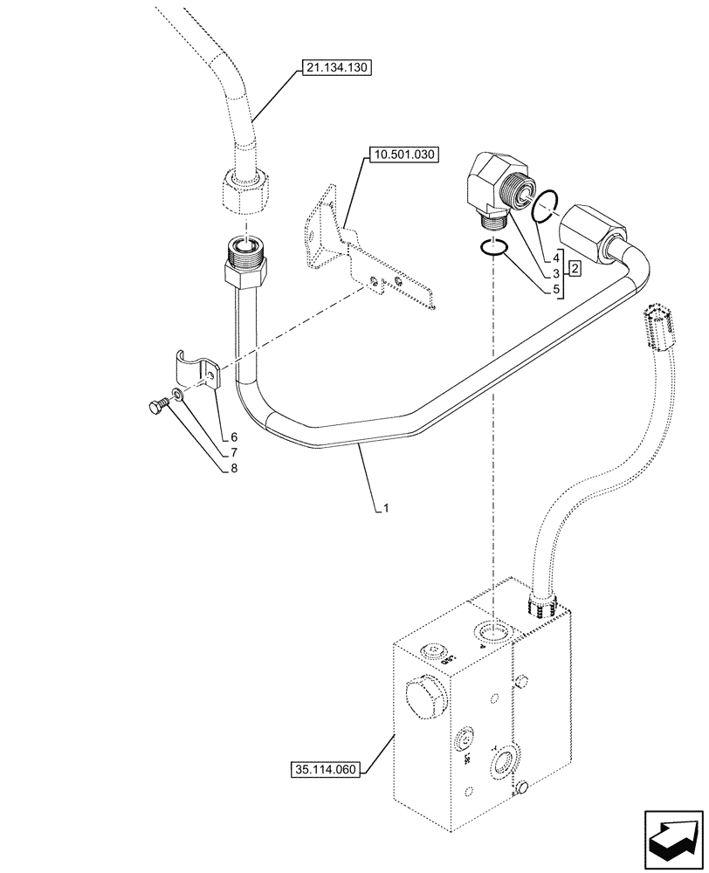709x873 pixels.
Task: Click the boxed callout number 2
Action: (x=576, y=269)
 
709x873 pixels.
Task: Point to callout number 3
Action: (x=555, y=272)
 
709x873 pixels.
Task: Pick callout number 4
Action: (x=555, y=258)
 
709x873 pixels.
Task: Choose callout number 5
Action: (x=555, y=287)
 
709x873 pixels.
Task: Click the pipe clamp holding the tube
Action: (x=196, y=371)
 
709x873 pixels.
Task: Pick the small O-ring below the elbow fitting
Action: (x=494, y=248)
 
